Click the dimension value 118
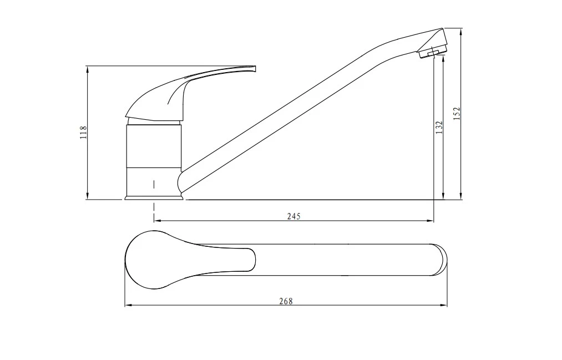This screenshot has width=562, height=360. click(x=84, y=133)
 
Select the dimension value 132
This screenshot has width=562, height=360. click(x=439, y=127)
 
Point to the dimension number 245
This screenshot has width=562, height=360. click(x=293, y=216)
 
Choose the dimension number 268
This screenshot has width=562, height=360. click(x=286, y=301)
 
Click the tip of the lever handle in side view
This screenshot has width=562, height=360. click(x=255, y=68)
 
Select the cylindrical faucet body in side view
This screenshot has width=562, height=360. click(x=154, y=159)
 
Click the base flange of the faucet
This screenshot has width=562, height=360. click(x=154, y=197)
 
